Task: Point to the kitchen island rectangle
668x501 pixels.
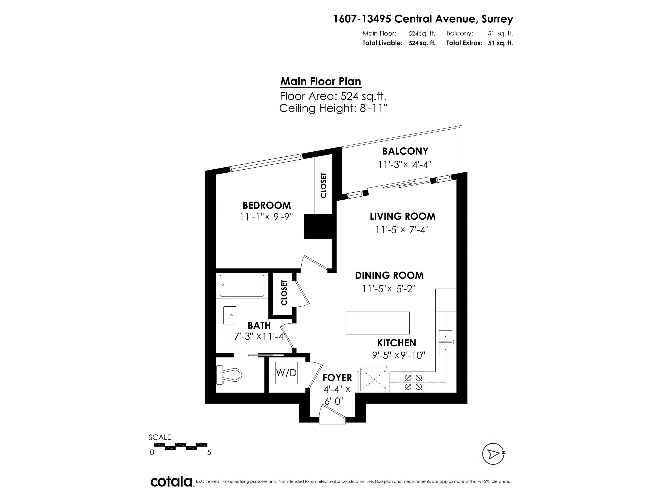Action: click(x=377, y=323)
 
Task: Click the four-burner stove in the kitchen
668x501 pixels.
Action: click(x=413, y=382)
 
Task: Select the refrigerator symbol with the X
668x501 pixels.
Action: click(x=374, y=379)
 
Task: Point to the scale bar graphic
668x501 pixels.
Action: click(x=180, y=446)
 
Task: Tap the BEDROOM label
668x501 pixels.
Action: click(x=267, y=205)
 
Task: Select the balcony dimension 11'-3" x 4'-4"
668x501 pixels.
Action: click(x=405, y=165)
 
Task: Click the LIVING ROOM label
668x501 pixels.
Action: click(x=402, y=216)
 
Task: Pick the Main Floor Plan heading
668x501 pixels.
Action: click(x=321, y=82)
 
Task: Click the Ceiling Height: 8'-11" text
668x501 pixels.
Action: click(x=333, y=108)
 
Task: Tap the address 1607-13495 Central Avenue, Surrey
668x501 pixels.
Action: click(x=423, y=19)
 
